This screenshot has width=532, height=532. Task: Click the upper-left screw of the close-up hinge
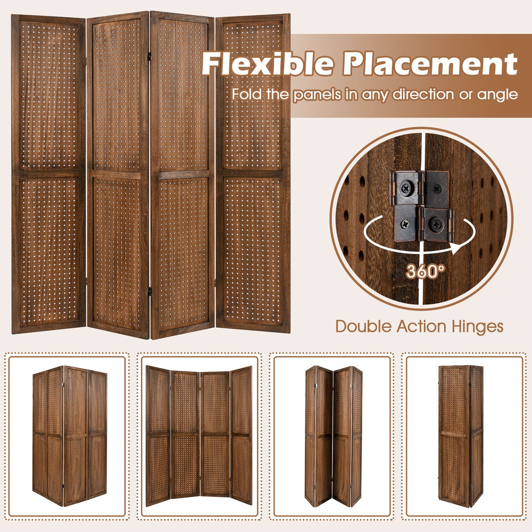[406, 189]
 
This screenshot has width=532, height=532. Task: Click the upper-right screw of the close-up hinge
[436, 189]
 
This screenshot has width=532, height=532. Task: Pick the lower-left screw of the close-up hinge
[405, 223]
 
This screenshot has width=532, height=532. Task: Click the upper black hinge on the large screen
[149, 57]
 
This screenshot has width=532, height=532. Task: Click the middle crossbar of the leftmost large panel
[49, 174]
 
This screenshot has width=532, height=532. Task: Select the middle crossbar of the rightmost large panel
[252, 174]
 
